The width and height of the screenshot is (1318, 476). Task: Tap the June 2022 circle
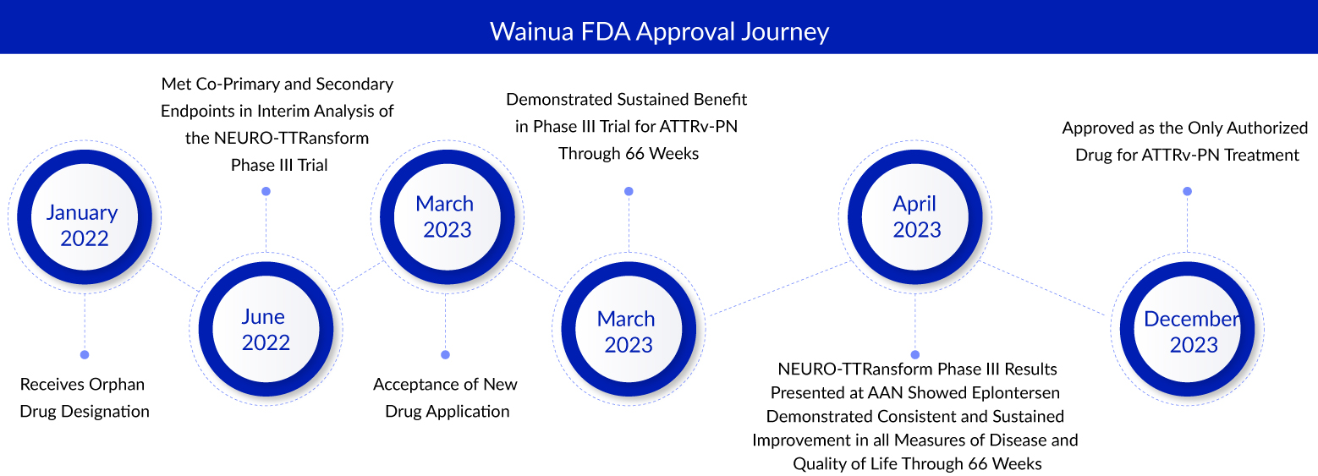(266, 331)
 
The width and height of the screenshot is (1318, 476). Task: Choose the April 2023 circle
(916, 216)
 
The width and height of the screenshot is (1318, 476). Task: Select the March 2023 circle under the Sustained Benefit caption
(627, 331)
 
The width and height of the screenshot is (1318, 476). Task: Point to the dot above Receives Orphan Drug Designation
(84, 354)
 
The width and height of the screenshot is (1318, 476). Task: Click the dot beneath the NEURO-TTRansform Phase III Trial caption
(266, 192)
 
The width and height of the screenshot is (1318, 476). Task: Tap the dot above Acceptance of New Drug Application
(446, 354)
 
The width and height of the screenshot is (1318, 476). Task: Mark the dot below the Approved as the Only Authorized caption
(1187, 192)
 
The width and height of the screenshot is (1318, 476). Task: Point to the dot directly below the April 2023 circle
(914, 354)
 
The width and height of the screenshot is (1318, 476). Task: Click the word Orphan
(116, 385)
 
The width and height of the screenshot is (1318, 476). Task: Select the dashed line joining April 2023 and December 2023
(1045, 291)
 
